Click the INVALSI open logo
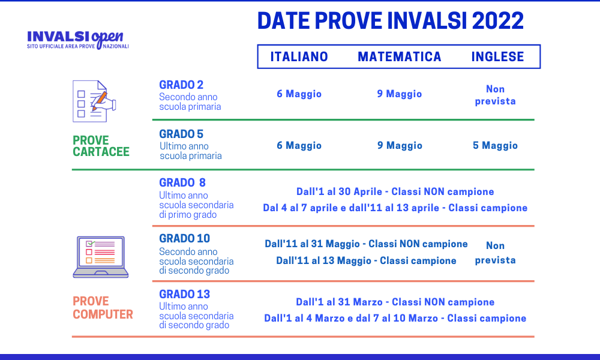coord(78,39)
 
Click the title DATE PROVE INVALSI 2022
coord(390,21)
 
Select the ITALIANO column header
coord(299,57)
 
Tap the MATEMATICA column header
coord(400,57)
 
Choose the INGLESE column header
coord(497,57)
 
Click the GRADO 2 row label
coord(181,85)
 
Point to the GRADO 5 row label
coord(181,134)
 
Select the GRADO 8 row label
coord(182,182)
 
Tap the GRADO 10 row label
coord(184,238)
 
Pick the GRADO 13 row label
coord(184,294)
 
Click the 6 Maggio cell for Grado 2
coord(299,94)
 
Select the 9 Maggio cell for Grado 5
coord(400,146)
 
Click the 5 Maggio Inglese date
coord(495,146)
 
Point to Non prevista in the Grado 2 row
coord(495,95)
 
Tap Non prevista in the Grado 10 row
coord(495,253)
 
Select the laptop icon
coord(100,257)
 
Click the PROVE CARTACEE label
coord(101,146)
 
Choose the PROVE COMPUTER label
coord(103,307)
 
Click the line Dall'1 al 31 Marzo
coord(395,302)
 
